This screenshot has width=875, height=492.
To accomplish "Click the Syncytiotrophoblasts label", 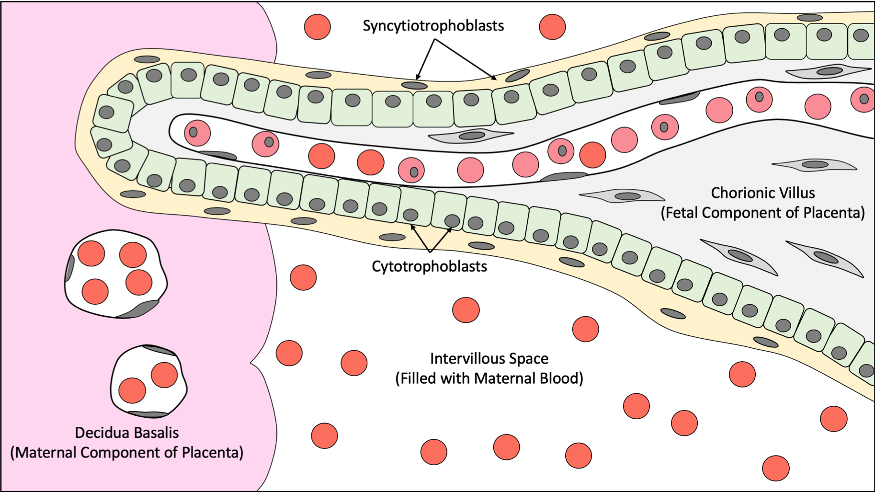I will click(x=433, y=25).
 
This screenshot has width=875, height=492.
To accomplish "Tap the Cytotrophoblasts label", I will click(x=429, y=266).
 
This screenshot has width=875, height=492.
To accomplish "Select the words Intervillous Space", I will click(x=489, y=358).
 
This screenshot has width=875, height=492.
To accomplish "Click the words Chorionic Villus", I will click(x=762, y=193).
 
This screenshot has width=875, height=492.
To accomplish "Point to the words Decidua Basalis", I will click(x=127, y=433).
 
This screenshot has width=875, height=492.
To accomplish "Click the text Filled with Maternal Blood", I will click(x=489, y=378).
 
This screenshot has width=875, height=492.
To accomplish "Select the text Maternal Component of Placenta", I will click(x=127, y=453).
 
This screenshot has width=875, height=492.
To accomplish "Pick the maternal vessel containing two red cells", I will click(x=148, y=381).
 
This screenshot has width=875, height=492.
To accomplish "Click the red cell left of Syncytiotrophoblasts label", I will click(x=317, y=26).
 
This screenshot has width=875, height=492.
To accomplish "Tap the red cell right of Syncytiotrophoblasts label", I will click(x=552, y=26).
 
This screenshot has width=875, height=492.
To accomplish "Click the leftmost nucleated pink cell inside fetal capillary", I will click(x=197, y=133).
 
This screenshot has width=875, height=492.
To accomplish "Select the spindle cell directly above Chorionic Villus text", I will click(x=814, y=165).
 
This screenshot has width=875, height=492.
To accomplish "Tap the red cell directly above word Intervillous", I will click(x=466, y=310).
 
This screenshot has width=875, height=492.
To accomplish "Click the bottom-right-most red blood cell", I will click(x=775, y=468).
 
